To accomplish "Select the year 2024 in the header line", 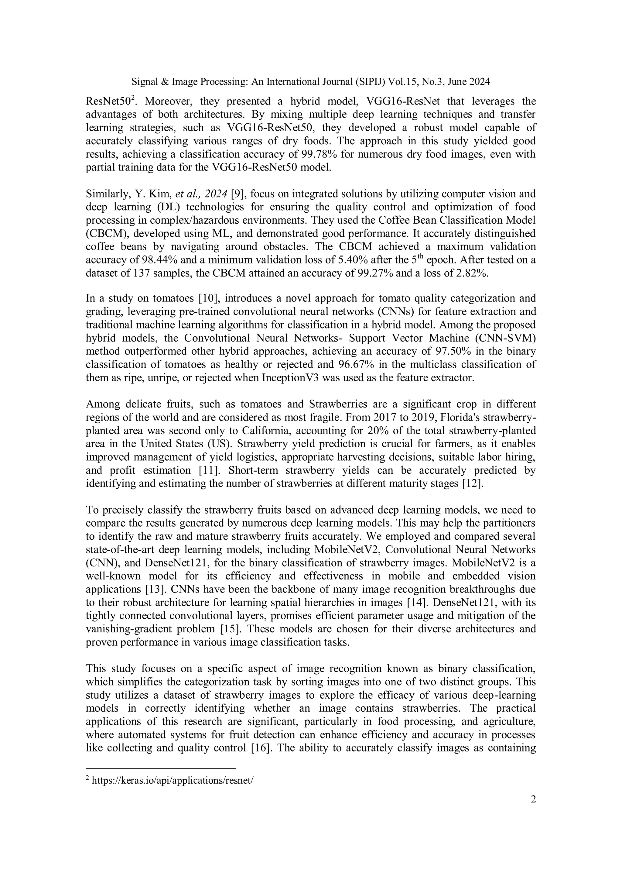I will click(x=478, y=82).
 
